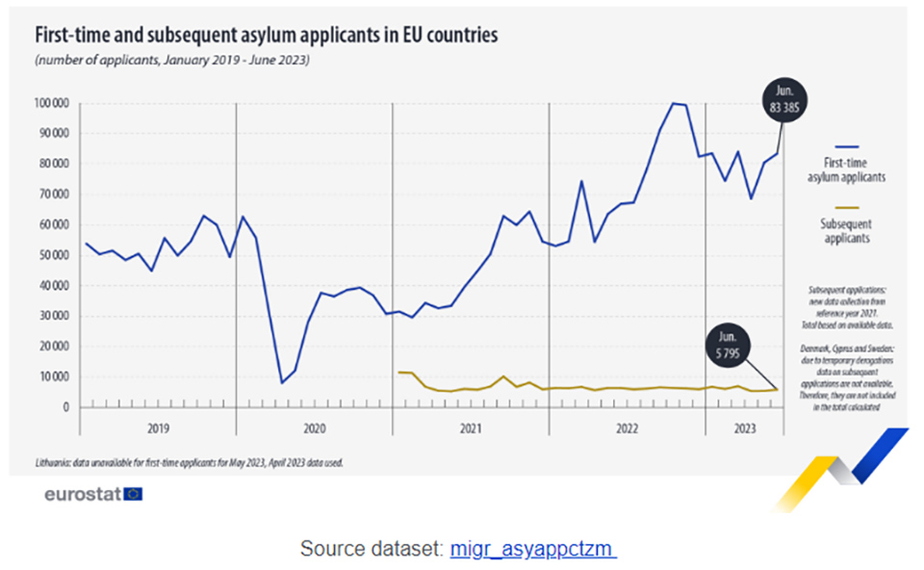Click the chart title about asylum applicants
coord(267,36)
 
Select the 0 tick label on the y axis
coord(66,407)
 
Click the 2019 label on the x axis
coord(158,427)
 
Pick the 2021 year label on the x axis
coord(471,427)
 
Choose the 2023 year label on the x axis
coord(745,427)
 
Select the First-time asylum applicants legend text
coord(846,170)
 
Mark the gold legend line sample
coord(846,207)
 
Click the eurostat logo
coord(93,494)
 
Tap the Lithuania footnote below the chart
coord(189,461)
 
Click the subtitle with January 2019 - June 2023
coord(172,61)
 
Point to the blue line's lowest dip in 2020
coord(281,382)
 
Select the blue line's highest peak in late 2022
coord(674,103)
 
